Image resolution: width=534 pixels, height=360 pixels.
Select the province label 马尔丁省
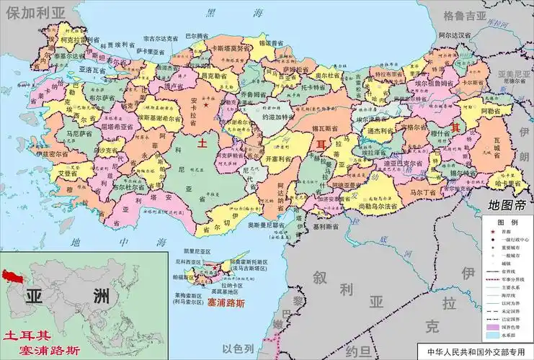coord(424,194)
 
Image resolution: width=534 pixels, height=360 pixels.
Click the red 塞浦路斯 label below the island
coord(226,303)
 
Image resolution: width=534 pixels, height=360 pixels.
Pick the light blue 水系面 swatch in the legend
coord(492,335)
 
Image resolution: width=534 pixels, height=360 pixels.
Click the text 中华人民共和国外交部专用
coord(476,353)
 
